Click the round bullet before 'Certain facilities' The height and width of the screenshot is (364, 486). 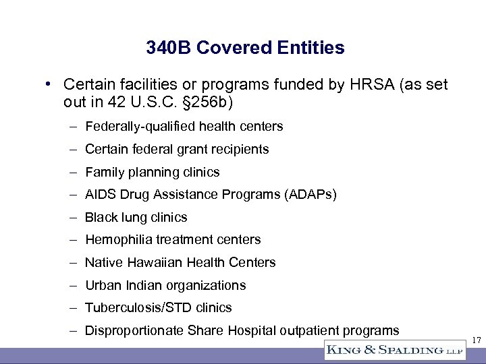49,84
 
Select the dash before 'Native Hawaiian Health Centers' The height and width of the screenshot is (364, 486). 71,262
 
